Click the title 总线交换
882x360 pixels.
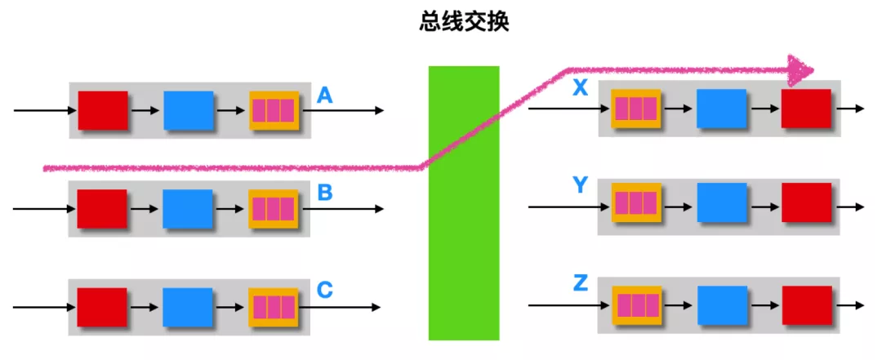465,22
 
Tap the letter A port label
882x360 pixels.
324,96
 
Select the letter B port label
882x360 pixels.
324,193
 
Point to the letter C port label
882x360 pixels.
324,289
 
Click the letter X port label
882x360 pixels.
580,89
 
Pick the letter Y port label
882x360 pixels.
580,185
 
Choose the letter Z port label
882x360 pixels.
580,283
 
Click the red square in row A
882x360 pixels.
103,111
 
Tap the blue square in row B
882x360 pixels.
188,208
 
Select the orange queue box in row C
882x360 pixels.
274,307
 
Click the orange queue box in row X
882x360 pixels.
636,109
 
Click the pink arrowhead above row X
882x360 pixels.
801,70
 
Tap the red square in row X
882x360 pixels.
806,109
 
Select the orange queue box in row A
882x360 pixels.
274,111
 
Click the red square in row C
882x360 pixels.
102,307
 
